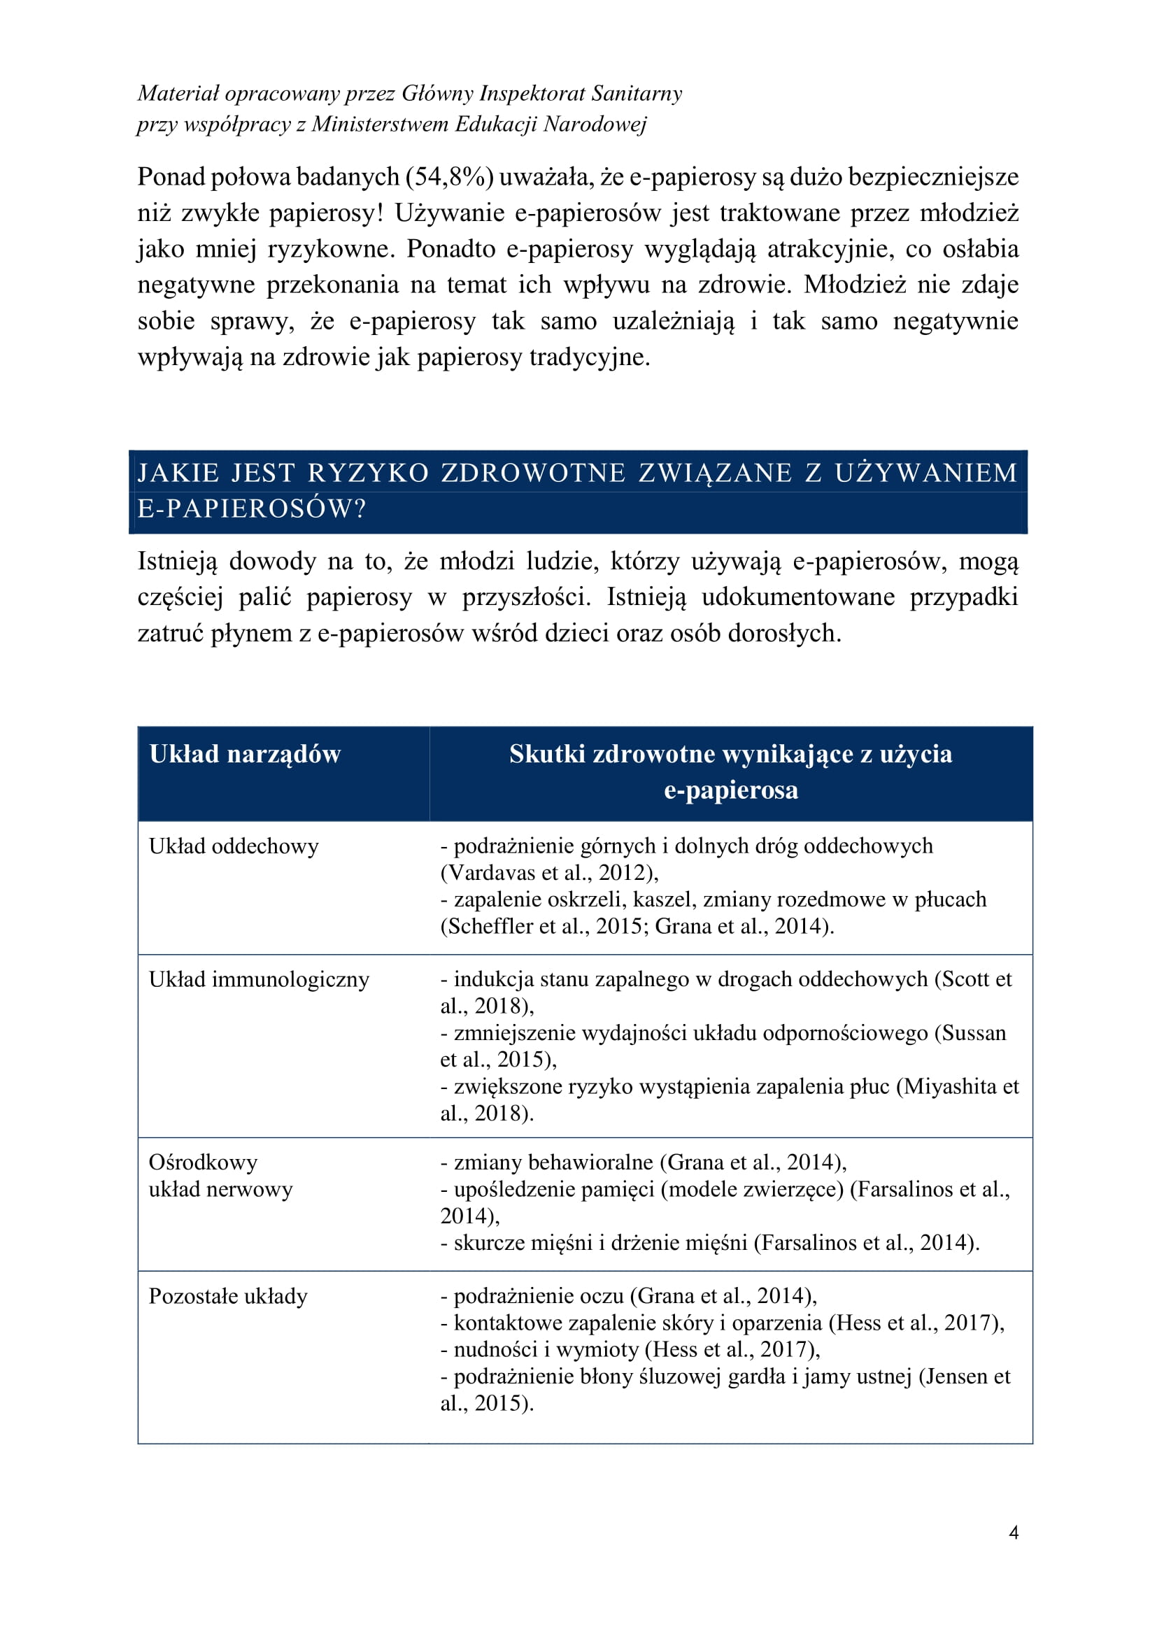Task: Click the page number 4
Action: (1013, 1532)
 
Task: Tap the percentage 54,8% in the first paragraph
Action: (450, 177)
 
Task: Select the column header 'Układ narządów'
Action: (245, 754)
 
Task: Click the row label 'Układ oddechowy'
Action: (234, 846)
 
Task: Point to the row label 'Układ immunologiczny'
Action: (259, 979)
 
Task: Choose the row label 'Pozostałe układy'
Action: (228, 1295)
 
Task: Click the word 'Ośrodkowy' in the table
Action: (203, 1162)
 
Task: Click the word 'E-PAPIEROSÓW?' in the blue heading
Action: (252, 508)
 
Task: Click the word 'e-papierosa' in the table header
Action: (730, 790)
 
